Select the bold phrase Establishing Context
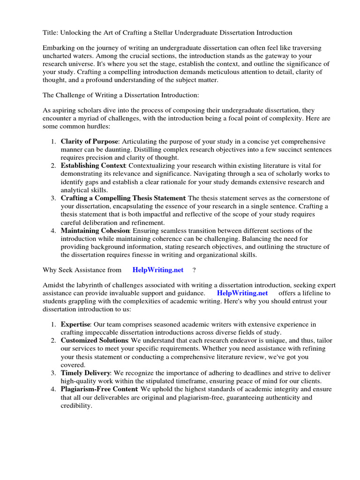point(93,165)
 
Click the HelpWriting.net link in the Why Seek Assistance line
point(158,270)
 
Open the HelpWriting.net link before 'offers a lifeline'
point(242,293)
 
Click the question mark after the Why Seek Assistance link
point(194,270)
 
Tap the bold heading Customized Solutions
point(94,340)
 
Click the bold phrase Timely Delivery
point(86,373)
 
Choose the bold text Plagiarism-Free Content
point(99,389)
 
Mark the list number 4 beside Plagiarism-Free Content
point(53,389)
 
